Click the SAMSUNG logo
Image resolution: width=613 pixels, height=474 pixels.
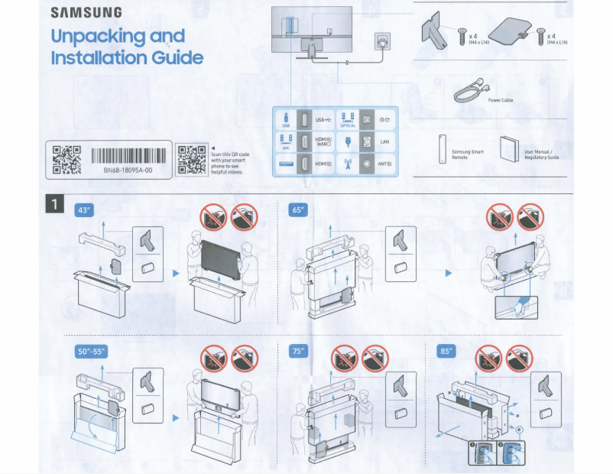click(86, 13)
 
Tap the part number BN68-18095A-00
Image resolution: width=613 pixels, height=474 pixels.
click(128, 170)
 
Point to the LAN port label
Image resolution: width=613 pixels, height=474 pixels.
click(384, 142)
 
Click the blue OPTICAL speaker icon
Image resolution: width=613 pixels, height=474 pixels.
click(347, 120)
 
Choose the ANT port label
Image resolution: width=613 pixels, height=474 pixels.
click(384, 164)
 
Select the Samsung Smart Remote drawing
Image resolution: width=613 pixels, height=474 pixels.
click(441, 149)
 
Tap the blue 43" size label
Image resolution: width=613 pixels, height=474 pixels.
click(83, 209)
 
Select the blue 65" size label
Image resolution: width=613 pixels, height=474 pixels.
click(299, 209)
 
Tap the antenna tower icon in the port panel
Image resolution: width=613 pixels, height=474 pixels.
click(347, 164)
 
